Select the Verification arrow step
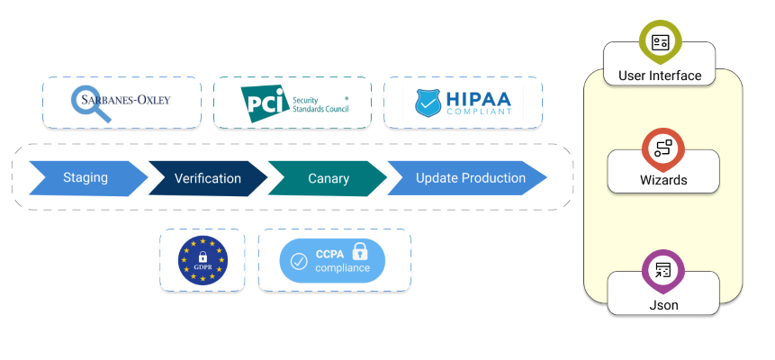pos(207,178)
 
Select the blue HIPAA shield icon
pos(428,102)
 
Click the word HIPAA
pos(477,96)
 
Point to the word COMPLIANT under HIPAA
pos(477,112)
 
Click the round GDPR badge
pos(203,260)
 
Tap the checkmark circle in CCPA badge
pos(298,261)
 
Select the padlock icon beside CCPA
pos(359,251)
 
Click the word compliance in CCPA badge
pos(342,268)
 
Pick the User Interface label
pos(660,76)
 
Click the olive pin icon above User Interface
pos(661,40)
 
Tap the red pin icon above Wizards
pos(663,148)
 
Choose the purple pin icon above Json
pos(663,269)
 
